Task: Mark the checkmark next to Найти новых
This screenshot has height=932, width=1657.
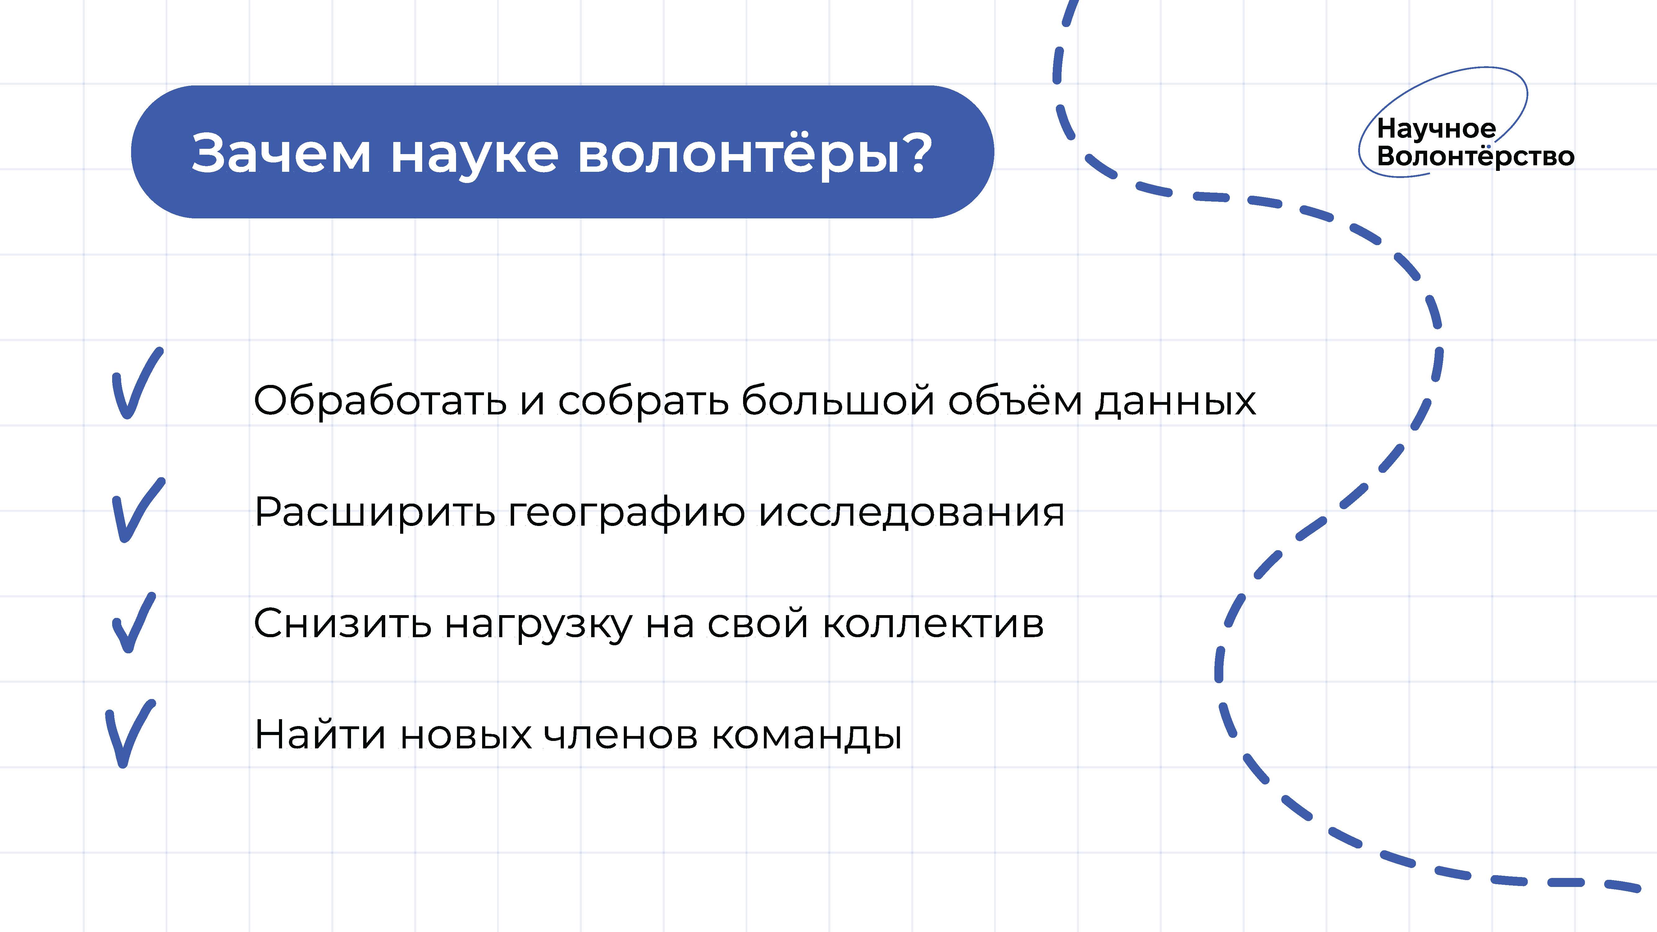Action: pyautogui.click(x=130, y=733)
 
